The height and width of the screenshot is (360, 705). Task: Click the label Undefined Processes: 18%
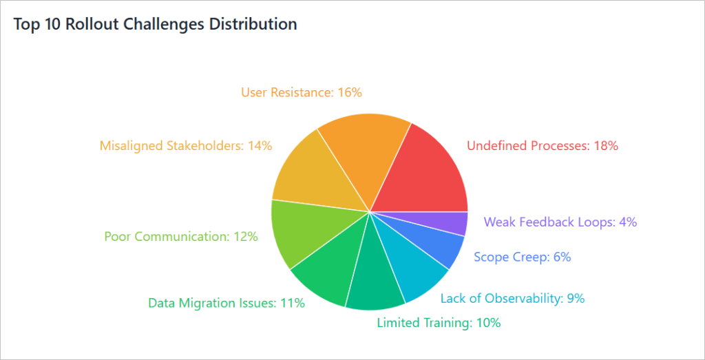[x=543, y=146]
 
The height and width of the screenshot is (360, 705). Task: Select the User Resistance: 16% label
[x=302, y=92]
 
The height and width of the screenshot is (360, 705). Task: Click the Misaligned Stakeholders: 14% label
[x=186, y=146]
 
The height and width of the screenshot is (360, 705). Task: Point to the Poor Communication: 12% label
[x=181, y=237]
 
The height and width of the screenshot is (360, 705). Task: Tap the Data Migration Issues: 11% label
[x=227, y=303]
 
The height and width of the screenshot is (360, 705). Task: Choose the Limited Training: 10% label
[x=439, y=322]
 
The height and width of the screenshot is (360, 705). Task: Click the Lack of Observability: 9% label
[x=512, y=298]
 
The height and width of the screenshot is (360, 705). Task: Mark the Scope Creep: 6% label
[x=522, y=257]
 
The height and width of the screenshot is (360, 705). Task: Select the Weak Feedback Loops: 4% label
[x=560, y=222]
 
